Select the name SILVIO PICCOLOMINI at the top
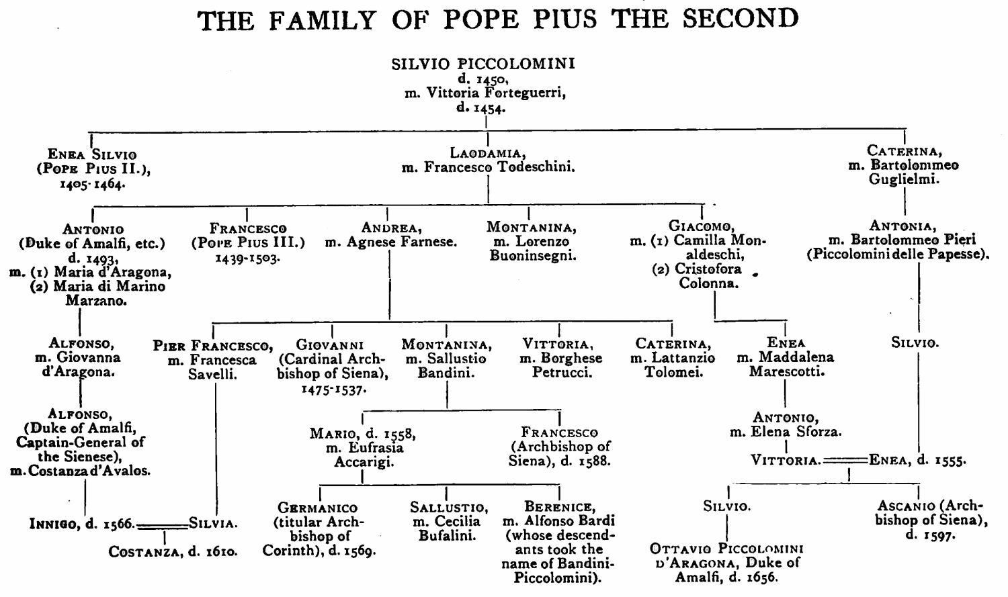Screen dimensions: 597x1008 point(483,64)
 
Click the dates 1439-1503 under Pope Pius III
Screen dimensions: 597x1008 point(248,258)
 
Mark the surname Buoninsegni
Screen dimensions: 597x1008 point(533,256)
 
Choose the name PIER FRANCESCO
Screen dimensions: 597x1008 point(212,347)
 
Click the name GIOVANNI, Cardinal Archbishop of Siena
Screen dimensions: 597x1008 point(330,345)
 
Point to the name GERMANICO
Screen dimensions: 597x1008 point(318,508)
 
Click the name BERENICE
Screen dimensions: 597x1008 point(558,507)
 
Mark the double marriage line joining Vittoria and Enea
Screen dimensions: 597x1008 point(845,461)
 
